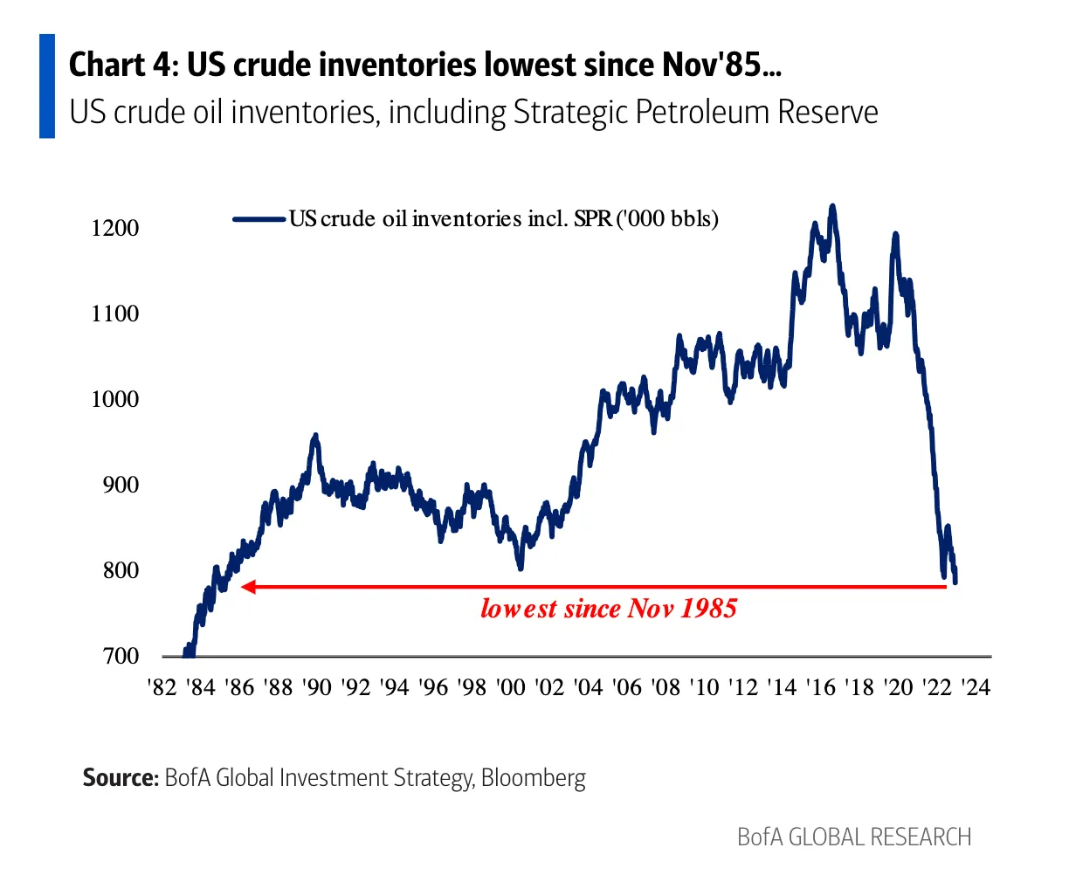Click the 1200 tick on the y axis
[114, 228]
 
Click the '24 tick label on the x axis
[975, 687]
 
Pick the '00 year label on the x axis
[510, 687]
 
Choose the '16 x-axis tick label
[820, 687]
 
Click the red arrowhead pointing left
[248, 587]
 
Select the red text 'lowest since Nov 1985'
[609, 609]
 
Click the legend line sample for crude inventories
[259, 219]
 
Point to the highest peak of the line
[832, 207]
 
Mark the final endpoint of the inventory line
[955, 582]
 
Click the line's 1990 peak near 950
[315, 435]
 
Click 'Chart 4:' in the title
[121, 65]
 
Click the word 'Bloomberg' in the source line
[533, 777]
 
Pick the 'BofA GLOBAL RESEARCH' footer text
[854, 837]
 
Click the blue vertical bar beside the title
[47, 86]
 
